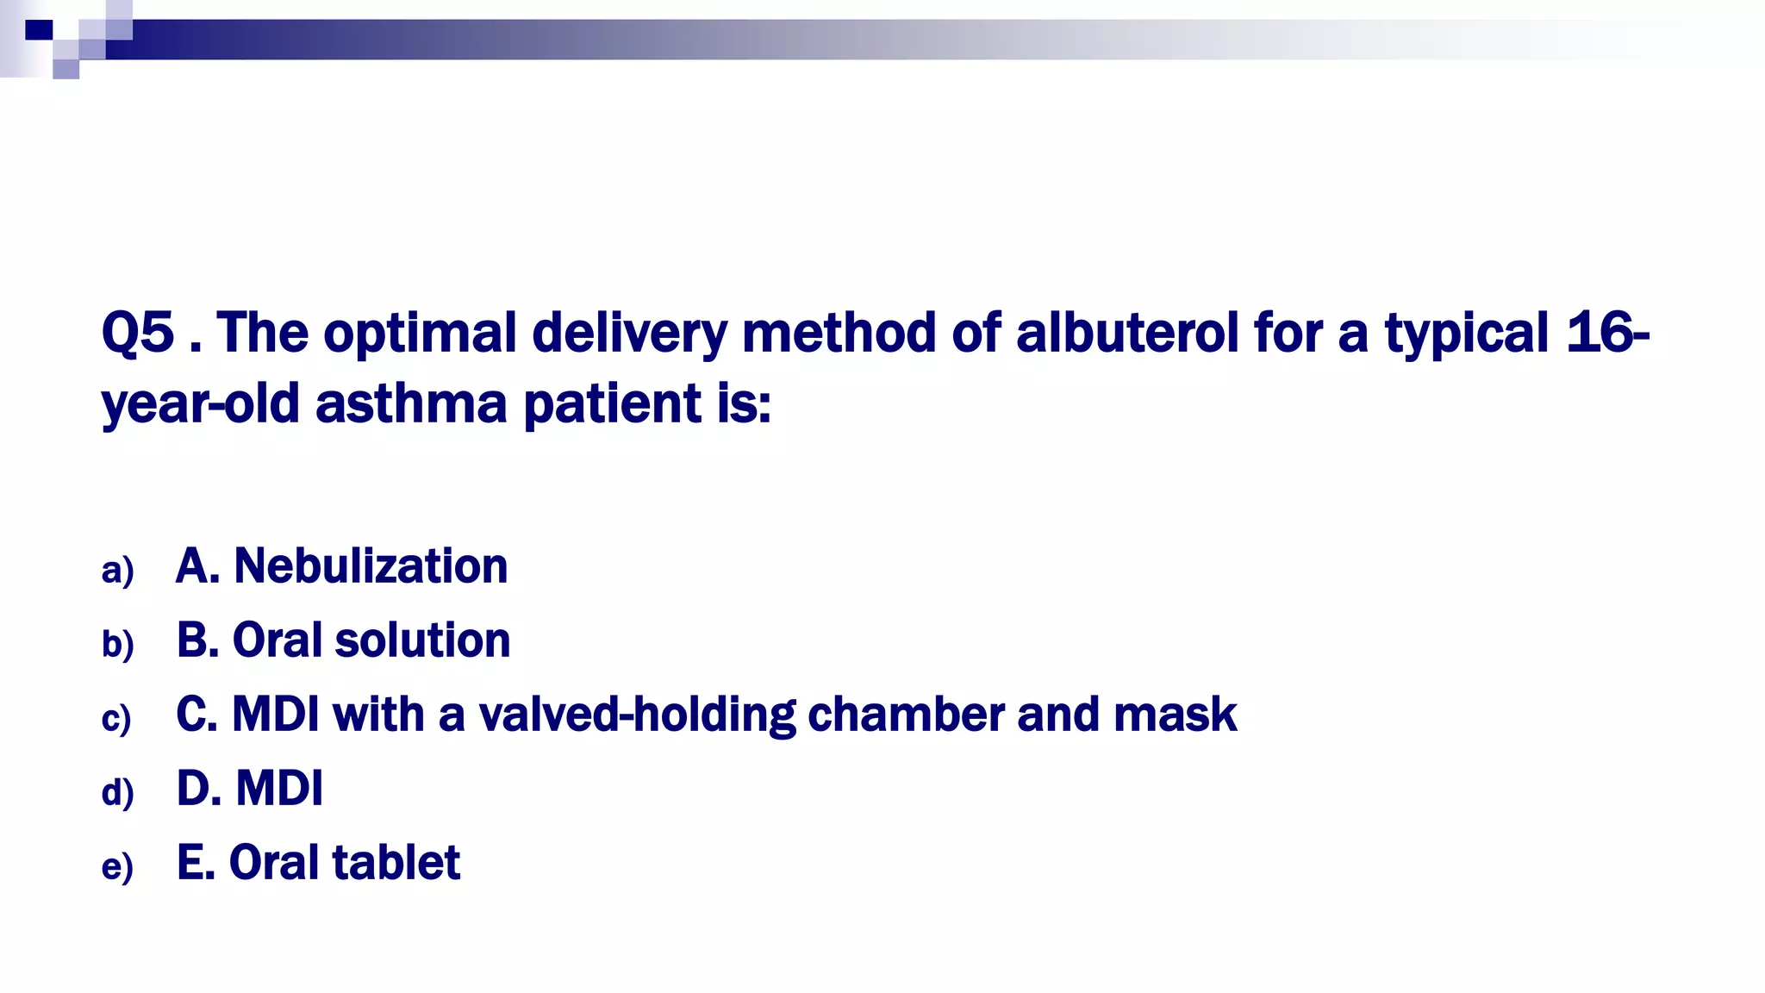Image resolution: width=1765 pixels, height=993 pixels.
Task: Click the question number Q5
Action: pos(138,333)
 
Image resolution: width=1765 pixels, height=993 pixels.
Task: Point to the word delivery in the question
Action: pos(629,334)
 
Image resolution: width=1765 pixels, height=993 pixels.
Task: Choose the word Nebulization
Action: pos(371,566)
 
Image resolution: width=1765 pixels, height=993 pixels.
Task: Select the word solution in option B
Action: pos(422,640)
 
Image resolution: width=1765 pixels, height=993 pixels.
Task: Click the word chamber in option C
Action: pos(905,715)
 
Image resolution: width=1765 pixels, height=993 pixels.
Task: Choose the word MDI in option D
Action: pos(279,788)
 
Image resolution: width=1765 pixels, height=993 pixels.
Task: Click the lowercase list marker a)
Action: pos(117,571)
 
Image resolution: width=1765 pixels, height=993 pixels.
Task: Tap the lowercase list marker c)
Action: pos(116,719)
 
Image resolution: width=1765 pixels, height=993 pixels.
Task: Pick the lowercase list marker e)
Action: pos(117,867)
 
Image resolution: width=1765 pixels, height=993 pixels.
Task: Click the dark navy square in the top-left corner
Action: pos(39,30)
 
